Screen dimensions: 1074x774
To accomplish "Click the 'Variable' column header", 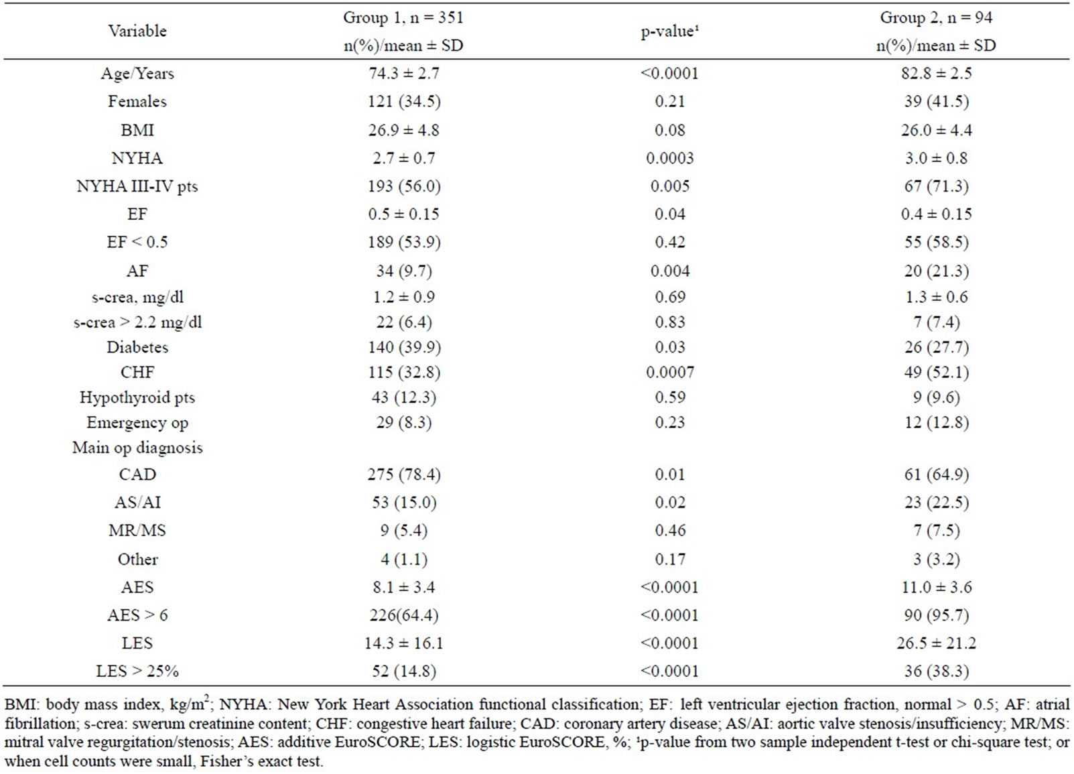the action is coord(137,31).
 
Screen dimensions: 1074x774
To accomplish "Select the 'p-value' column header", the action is coord(670,31).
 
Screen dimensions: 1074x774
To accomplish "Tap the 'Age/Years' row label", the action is coord(137,73).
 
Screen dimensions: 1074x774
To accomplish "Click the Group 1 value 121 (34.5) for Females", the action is coord(404,102).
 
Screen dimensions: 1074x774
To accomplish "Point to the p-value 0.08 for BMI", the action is coord(670,130).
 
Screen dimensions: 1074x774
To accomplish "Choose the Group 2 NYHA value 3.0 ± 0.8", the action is coord(937,157).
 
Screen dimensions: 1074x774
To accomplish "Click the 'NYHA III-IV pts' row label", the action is coord(137,186).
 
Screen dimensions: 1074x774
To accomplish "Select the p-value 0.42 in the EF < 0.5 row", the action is coord(670,242).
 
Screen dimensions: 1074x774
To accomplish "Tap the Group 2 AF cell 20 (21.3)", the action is coord(937,271).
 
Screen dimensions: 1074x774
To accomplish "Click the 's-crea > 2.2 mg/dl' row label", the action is coord(137,322).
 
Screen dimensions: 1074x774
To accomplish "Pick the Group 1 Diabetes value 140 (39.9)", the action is coord(404,347).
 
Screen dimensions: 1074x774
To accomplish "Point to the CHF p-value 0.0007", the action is coord(670,372).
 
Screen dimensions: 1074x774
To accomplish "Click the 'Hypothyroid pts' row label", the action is coord(137,397).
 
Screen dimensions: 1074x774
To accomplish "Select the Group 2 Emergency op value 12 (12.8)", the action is coord(937,422).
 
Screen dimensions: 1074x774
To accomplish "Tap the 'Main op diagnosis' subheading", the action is coord(137,448).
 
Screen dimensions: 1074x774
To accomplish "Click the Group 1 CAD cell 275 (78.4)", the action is coord(404,474).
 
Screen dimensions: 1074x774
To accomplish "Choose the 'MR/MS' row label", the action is coord(137,530).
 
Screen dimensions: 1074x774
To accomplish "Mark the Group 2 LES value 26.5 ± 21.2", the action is coord(937,643).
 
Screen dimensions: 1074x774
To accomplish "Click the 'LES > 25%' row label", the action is coord(137,671).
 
